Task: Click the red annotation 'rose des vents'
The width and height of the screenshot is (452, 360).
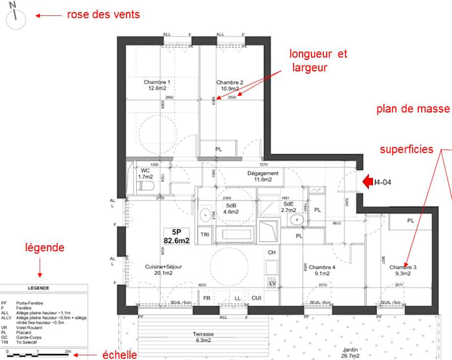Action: click(x=103, y=15)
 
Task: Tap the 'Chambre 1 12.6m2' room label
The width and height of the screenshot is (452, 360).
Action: click(x=158, y=85)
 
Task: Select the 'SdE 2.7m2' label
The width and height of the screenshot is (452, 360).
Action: click(x=288, y=207)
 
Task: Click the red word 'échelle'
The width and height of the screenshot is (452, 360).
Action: click(x=120, y=355)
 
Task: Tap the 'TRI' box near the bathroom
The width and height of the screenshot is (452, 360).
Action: click(x=205, y=234)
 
